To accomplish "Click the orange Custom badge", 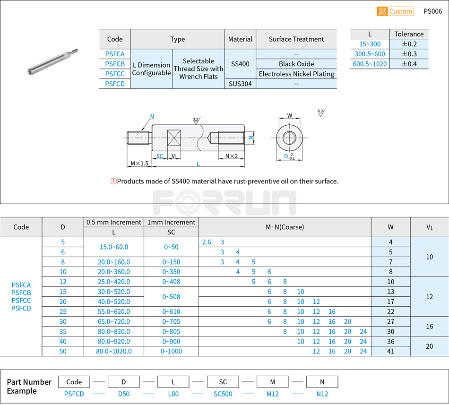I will coord(395,11).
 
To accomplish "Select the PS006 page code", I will coord(433,11).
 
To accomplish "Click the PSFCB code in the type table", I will coord(115,64).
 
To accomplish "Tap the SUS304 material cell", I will coord(240,84).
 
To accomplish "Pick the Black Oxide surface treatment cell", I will coord(296,64).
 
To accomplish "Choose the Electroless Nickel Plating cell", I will coord(296,74).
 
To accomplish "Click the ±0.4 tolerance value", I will coord(409,64).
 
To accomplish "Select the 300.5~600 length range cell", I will coord(370,54).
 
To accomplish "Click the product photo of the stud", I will coord(52,62).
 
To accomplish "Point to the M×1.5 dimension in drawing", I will coord(139,164).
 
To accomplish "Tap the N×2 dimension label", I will coord(231,156).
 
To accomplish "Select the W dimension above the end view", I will coord(290,115).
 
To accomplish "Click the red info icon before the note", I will coord(113,181).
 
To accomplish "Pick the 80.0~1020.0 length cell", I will coord(113,351).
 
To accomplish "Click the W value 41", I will coord(390,351).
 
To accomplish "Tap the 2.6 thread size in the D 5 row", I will coord(207,242).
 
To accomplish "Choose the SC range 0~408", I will coord(171,282).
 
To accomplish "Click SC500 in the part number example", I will coord(223,394).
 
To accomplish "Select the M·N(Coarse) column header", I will coord(285,227).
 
